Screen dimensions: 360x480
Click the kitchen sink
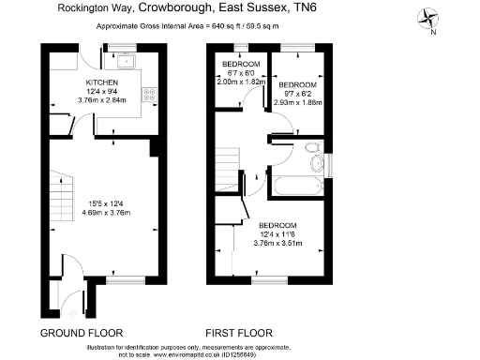pyautogui.click(x=126, y=62)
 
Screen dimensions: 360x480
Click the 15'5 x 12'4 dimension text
pyautogui.click(x=102, y=203)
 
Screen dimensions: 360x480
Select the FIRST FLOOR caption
pyautogui.click(x=239, y=333)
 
